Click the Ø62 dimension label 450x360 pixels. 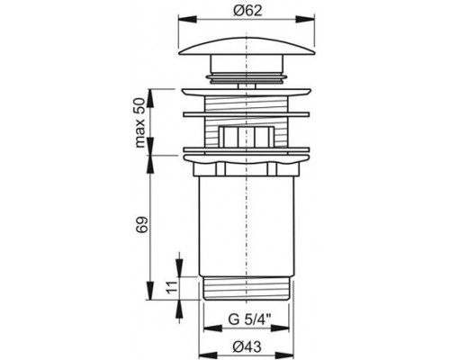tap(247, 11)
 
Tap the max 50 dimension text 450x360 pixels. tap(140, 123)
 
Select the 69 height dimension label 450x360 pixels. tap(142, 224)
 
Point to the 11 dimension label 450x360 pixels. tap(170, 287)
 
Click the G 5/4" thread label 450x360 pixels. tap(249, 319)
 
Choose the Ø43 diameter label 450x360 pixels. tap(247, 347)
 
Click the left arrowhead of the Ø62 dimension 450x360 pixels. tap(187, 20)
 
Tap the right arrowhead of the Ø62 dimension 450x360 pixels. tap(305, 20)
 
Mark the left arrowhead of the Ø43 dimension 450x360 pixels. tap(208, 355)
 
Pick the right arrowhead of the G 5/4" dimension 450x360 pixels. tap(280, 328)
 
